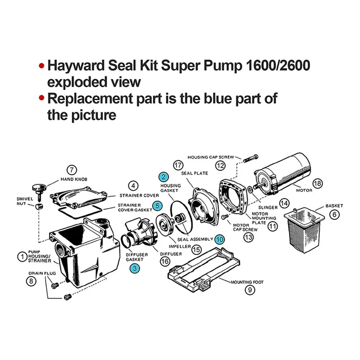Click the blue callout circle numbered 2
coord(163,177)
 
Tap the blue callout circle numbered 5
coord(158,206)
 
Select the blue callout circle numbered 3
coord(135,269)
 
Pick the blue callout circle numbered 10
coord(219,239)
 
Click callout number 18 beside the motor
coord(317,184)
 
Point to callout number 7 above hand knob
coord(71,169)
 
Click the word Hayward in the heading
coord(78,66)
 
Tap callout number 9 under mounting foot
coord(250,290)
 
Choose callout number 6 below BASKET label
coord(334,214)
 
